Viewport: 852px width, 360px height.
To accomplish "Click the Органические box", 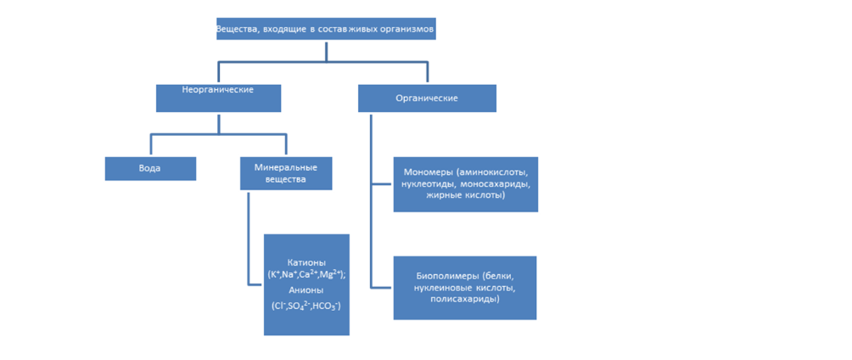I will (427, 98).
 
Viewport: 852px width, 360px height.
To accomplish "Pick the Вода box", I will (150, 169).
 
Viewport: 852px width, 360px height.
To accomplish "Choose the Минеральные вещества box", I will (286, 173).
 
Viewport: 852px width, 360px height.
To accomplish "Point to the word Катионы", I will (306, 262).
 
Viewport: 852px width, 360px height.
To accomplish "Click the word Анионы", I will (306, 290).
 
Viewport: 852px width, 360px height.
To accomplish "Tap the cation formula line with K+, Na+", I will (306, 275).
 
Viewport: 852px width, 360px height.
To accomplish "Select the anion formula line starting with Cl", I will (306, 305).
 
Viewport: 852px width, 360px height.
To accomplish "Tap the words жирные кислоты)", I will (466, 195).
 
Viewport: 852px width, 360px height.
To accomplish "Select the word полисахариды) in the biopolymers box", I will (466, 299).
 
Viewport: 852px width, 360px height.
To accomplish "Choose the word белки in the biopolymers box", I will (497, 276).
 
